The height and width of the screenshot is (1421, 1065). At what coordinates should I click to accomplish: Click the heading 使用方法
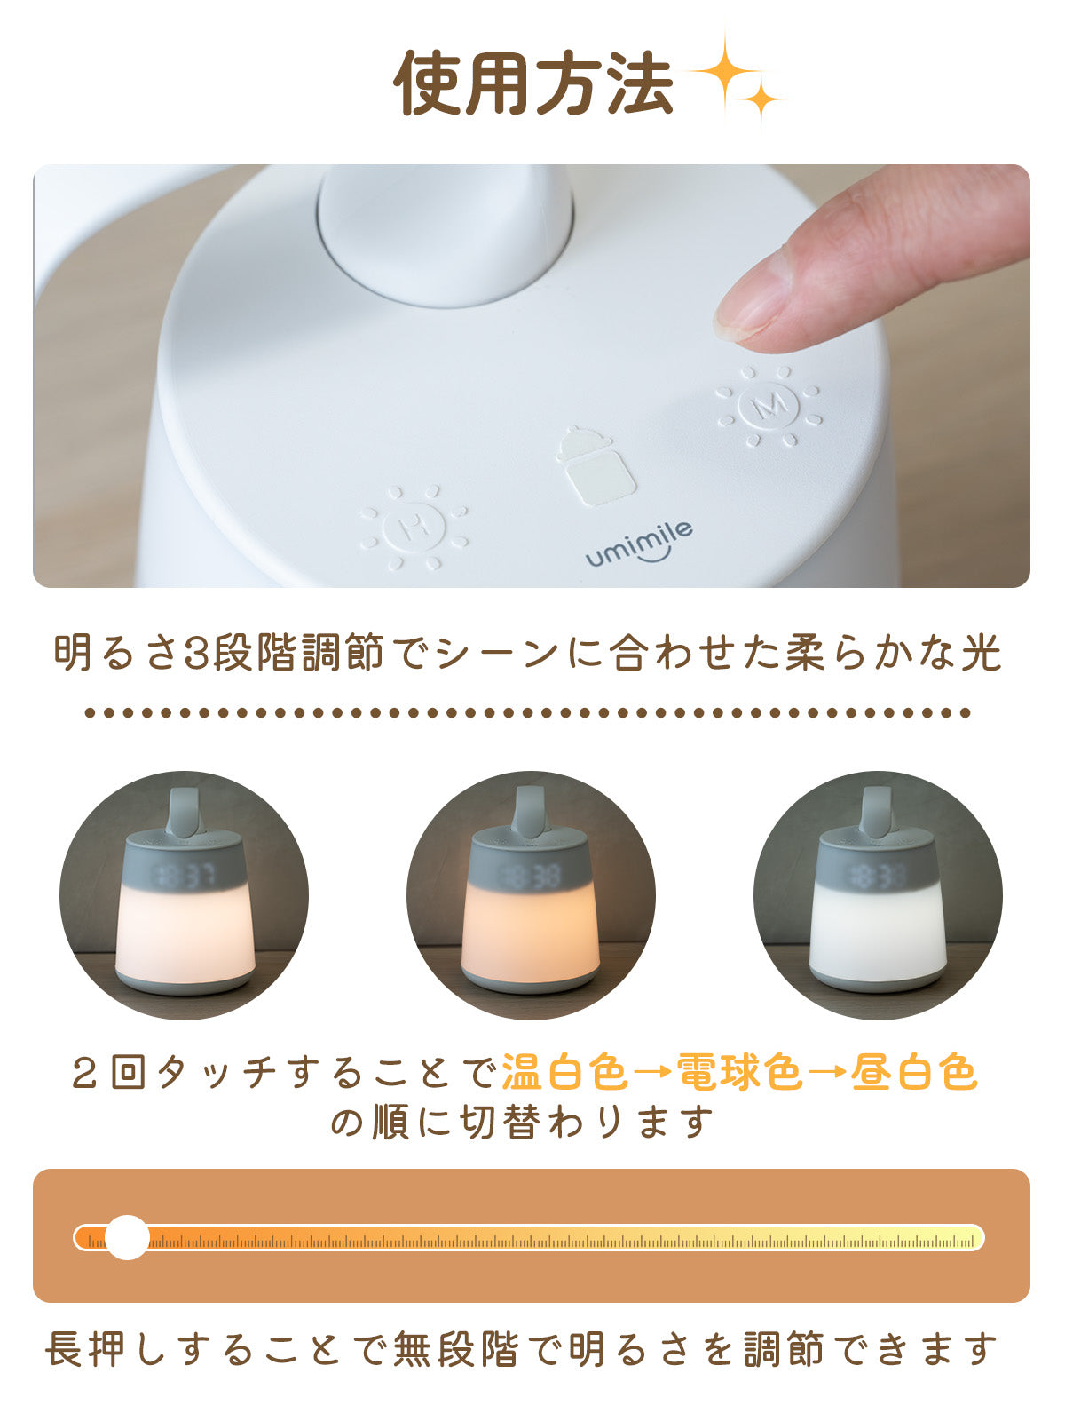(534, 83)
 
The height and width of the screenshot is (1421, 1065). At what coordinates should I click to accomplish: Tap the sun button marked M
(769, 406)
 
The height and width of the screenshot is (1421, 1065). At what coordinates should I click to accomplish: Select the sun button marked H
(414, 528)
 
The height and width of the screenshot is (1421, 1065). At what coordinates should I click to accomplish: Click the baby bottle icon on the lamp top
(596, 465)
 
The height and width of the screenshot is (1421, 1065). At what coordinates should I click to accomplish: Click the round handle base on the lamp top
(445, 236)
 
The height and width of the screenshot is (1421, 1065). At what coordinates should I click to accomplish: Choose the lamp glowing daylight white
(878, 897)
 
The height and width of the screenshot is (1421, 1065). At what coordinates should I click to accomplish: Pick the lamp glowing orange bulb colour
(531, 897)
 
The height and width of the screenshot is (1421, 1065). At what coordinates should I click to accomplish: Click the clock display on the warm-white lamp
(185, 877)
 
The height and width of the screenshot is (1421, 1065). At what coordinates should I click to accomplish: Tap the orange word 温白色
(565, 1073)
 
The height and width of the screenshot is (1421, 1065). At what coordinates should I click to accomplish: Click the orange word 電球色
(740, 1073)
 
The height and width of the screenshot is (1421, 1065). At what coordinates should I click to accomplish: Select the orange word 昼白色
(914, 1073)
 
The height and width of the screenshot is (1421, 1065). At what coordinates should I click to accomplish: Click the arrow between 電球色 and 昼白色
(827, 1074)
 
